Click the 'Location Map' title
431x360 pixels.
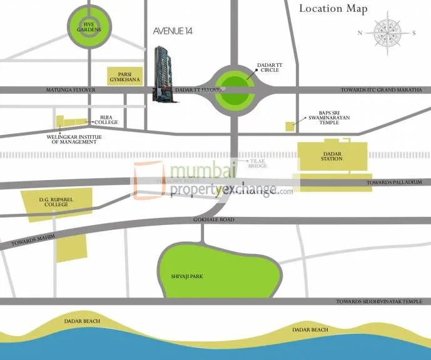332,9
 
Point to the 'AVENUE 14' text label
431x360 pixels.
172,31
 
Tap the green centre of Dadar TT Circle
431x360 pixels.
233,91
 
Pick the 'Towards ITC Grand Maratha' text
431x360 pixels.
378,91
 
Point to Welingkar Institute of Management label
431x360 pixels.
74,138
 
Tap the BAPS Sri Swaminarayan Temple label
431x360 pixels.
329,119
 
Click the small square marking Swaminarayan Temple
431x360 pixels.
290,126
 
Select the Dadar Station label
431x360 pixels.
332,156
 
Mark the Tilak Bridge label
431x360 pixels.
258,162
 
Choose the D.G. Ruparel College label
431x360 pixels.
53,201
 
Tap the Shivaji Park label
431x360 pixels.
188,275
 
